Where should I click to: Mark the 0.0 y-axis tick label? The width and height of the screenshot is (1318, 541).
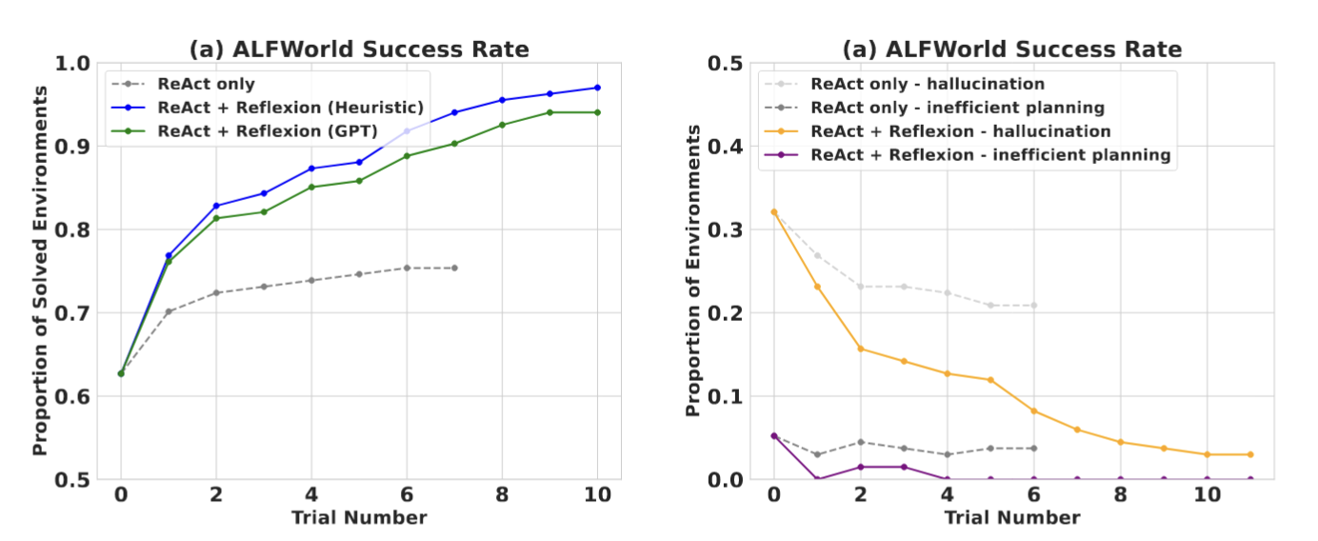pyautogui.click(x=728, y=479)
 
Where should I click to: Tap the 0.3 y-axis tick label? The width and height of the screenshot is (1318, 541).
pyautogui.click(x=728, y=230)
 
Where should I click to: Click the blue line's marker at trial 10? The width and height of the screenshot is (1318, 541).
pyautogui.click(x=597, y=88)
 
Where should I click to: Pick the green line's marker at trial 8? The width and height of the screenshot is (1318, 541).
pyautogui.click(x=502, y=125)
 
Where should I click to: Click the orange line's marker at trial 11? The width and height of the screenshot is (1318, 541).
pyautogui.click(x=1250, y=454)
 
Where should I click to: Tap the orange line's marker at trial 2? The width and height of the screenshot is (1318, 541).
pyautogui.click(x=860, y=349)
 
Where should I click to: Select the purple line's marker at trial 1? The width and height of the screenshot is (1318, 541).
pyautogui.click(x=817, y=479)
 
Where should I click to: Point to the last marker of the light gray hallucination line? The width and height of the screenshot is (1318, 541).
pyautogui.click(x=1033, y=305)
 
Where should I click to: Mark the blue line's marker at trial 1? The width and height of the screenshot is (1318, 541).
pyautogui.click(x=169, y=255)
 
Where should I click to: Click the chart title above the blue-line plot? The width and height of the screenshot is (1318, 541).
pyautogui.click(x=359, y=49)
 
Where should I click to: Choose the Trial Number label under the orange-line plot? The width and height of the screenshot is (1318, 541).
pyautogui.click(x=1012, y=517)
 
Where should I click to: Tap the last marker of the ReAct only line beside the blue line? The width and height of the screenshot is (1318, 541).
pyautogui.click(x=454, y=268)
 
